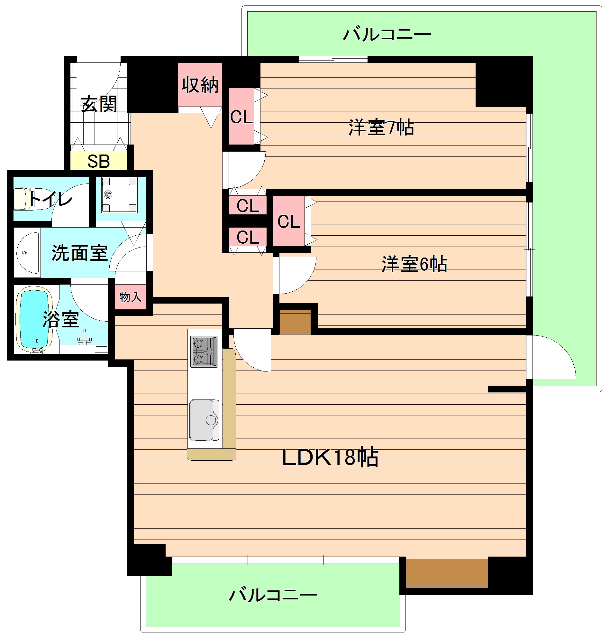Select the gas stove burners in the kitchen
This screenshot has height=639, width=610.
tap(205, 352)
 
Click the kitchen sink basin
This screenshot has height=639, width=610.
tap(204, 420)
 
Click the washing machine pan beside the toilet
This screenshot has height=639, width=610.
tap(119, 195)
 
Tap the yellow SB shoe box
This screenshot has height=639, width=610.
tap(99, 161)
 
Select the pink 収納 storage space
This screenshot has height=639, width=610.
tap(200, 85)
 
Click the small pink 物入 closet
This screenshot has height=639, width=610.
tap(130, 297)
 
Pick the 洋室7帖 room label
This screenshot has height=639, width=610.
tap(381, 127)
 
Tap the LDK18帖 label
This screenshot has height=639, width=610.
tap(330, 457)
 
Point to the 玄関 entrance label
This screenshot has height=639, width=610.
tap(99, 104)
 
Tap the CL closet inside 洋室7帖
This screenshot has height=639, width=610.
tap(241, 116)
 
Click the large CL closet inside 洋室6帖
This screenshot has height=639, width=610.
tap(289, 221)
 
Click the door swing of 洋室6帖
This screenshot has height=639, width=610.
tap(297, 275)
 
